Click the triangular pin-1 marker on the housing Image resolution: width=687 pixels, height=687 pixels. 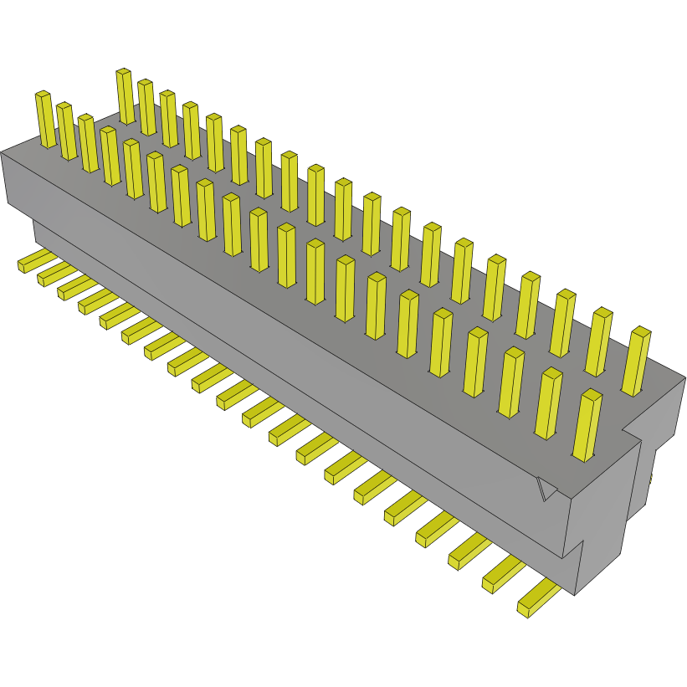click(546, 490)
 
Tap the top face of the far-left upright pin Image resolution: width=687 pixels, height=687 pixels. click(43, 95)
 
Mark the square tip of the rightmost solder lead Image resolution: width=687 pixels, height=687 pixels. click(524, 608)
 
